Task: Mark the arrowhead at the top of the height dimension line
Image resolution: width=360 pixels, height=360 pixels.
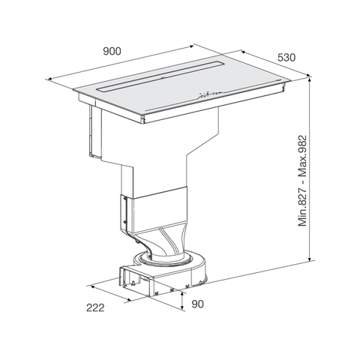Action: (310, 76)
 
